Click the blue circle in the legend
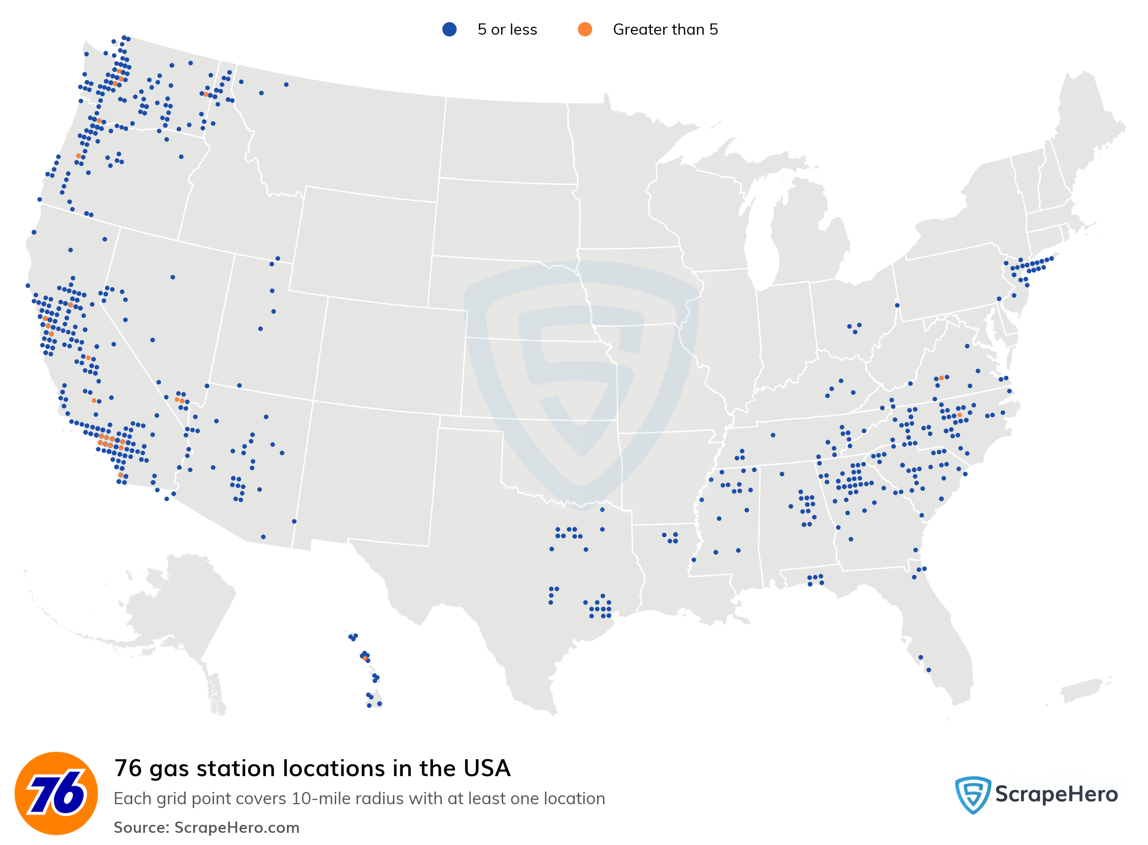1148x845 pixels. point(449,30)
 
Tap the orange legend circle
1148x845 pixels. point(584,30)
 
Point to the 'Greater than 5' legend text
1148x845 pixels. point(665,30)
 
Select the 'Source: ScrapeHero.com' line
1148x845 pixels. point(206,827)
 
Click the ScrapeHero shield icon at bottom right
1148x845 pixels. point(972,794)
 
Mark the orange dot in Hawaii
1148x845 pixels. point(364,658)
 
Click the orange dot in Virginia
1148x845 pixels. point(941,378)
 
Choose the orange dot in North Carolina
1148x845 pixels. point(959,415)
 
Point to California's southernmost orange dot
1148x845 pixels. point(120,475)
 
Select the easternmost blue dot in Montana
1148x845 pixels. point(286,84)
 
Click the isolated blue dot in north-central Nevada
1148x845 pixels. point(173,277)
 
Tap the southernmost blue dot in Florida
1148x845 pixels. point(929,670)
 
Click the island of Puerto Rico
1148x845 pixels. point(1082,690)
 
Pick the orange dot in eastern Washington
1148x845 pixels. point(206,94)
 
